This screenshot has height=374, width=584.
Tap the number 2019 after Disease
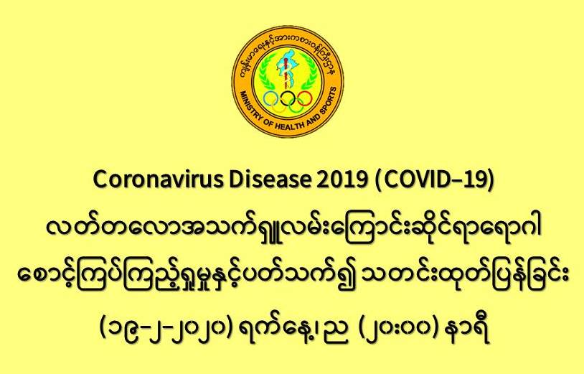342,180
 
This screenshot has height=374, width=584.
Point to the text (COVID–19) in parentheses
434,180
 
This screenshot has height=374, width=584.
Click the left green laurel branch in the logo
265,73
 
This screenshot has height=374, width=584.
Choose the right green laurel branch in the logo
310,73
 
